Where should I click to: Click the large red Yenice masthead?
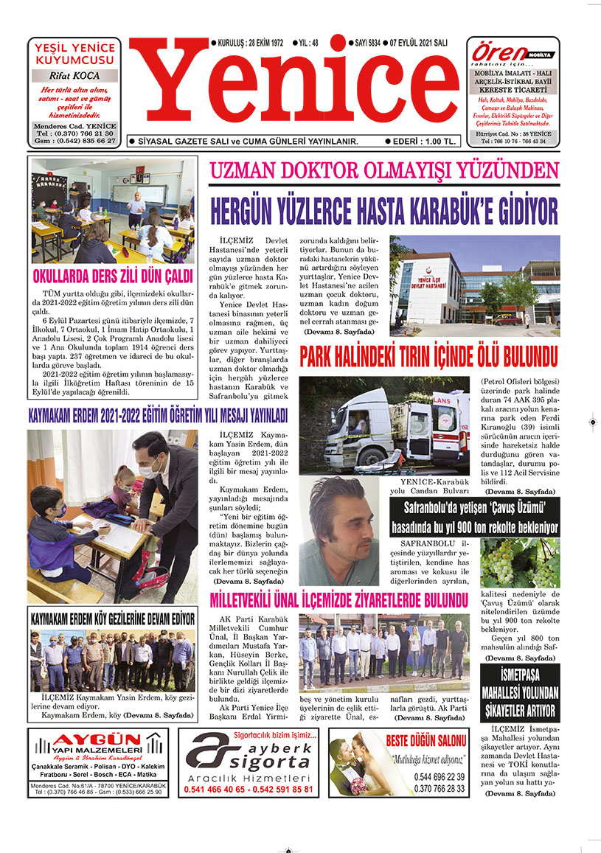point(295,85)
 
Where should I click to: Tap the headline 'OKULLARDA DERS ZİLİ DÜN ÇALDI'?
point(112,277)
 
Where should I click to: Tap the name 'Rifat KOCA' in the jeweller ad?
point(75,75)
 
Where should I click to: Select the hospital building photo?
point(475,282)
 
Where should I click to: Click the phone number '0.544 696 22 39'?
point(440,776)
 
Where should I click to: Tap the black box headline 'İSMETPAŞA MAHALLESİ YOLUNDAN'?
point(520,692)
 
